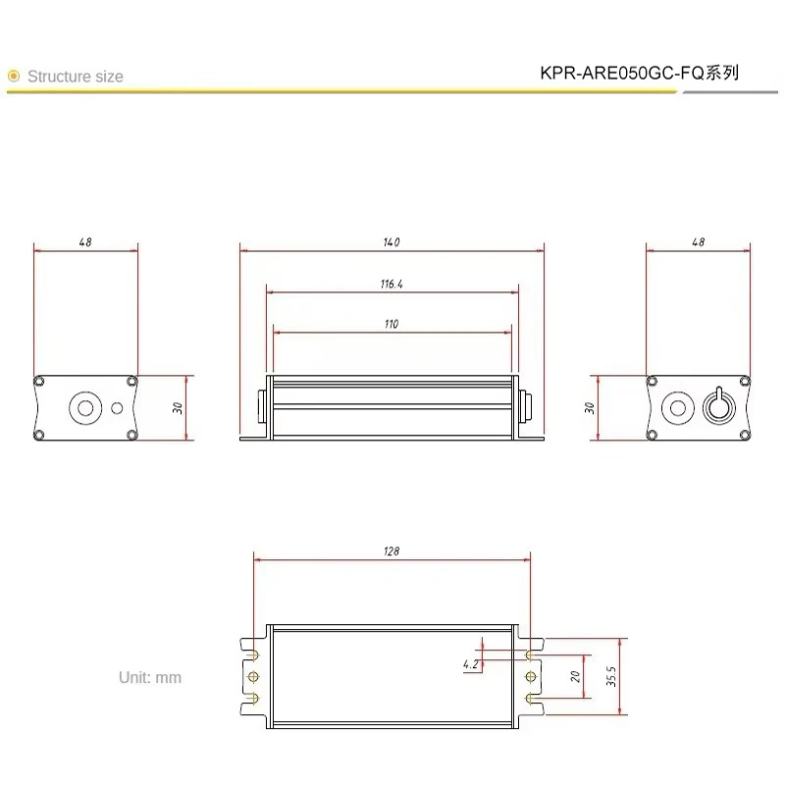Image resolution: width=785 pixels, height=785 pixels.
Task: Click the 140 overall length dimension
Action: (x=392, y=241)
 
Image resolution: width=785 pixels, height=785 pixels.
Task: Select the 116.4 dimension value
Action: (x=392, y=284)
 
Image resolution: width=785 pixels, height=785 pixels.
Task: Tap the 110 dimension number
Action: (x=392, y=324)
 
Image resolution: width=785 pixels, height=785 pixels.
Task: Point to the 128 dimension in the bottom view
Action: (x=392, y=552)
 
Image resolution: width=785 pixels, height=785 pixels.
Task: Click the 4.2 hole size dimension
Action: (x=471, y=664)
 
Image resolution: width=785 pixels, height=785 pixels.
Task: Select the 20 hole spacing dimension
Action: (x=577, y=676)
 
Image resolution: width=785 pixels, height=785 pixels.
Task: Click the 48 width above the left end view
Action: (x=86, y=241)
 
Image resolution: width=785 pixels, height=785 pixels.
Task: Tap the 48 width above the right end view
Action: (x=698, y=241)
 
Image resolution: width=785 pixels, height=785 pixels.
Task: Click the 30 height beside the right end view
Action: (x=589, y=407)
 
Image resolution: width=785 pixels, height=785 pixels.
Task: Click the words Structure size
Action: (x=76, y=77)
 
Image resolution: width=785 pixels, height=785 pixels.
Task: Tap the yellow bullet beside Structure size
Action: (x=13, y=76)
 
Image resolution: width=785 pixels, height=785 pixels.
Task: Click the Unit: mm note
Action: (x=150, y=677)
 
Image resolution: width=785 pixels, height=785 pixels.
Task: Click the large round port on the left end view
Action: (x=83, y=407)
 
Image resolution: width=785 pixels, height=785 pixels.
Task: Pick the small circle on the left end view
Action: (x=119, y=408)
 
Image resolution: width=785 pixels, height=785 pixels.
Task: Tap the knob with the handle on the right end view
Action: (x=718, y=406)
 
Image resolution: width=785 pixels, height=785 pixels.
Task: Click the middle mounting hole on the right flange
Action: (x=531, y=677)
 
